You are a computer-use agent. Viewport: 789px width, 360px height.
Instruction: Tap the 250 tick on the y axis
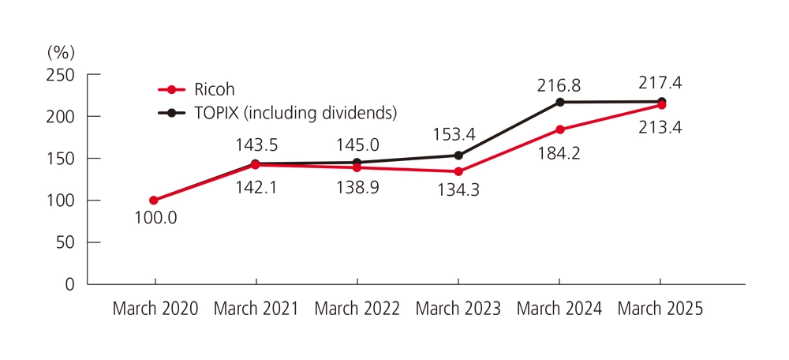pyautogui.click(x=60, y=75)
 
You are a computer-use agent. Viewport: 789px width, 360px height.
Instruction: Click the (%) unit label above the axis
pyautogui.click(x=61, y=53)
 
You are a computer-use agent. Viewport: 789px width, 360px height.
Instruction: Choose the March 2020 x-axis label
pyautogui.click(x=155, y=309)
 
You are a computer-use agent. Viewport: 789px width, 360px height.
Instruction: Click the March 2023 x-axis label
pyautogui.click(x=458, y=309)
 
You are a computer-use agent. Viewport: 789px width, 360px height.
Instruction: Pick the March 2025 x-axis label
pyautogui.click(x=660, y=309)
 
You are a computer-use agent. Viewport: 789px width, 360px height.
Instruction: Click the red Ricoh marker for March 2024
pyautogui.click(x=559, y=129)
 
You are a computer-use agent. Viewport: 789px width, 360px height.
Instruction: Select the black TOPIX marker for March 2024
pyautogui.click(x=559, y=102)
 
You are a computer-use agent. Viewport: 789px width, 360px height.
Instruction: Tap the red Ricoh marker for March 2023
pyautogui.click(x=458, y=171)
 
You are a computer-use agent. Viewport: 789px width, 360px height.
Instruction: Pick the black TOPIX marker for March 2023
pyautogui.click(x=458, y=156)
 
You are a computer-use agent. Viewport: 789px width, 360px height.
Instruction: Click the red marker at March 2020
pyautogui.click(x=154, y=201)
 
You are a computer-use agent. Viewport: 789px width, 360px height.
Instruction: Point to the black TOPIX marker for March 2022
pyautogui.click(x=357, y=163)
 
